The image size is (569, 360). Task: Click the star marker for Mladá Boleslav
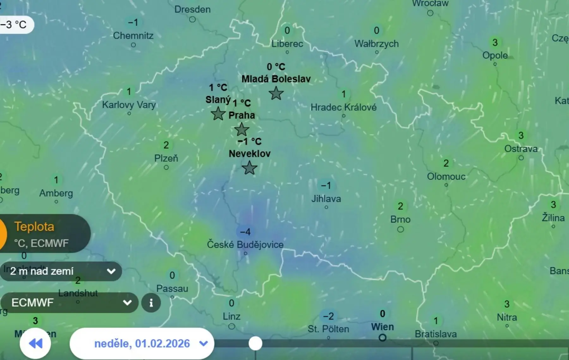click(x=276, y=93)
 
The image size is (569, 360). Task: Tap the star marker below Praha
click(x=242, y=129)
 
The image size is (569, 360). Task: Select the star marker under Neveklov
click(x=249, y=168)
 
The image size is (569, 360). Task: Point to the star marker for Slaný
click(x=218, y=114)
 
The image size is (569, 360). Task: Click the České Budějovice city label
click(x=245, y=245)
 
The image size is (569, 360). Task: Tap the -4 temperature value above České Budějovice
click(x=245, y=232)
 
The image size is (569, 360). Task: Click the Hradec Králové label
click(x=343, y=107)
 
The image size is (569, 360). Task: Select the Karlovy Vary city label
click(x=129, y=105)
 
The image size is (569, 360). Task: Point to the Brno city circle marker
click(x=401, y=229)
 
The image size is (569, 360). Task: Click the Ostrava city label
click(x=521, y=149)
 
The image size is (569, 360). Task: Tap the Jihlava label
click(x=326, y=199)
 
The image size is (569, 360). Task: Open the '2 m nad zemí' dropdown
click(x=61, y=271)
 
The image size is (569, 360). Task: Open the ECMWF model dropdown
click(x=70, y=303)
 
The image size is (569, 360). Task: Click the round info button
click(x=151, y=303)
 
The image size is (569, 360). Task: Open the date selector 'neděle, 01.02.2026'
click(x=142, y=344)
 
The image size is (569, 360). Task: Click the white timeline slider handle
click(x=255, y=344)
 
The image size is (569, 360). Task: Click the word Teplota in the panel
click(x=34, y=227)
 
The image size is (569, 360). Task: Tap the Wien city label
click(x=382, y=327)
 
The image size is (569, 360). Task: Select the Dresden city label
click(x=192, y=9)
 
